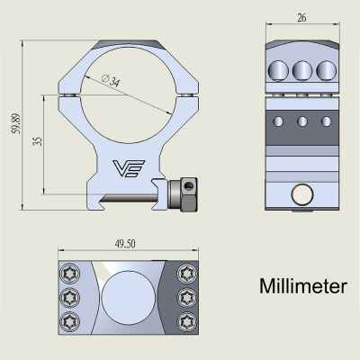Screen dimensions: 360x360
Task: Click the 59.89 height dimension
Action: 14,114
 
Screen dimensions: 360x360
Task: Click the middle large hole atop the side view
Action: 302,70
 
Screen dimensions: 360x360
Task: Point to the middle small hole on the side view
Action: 302,121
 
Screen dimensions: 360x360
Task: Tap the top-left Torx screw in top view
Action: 70,273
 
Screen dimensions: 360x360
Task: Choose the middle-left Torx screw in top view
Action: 70,296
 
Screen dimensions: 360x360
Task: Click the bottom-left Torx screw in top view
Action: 70,319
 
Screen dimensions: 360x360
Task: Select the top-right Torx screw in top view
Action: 187,273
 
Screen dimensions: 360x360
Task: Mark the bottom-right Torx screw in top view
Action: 187,319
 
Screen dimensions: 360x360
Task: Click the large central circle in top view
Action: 129,296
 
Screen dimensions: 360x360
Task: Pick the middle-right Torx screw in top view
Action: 187,296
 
